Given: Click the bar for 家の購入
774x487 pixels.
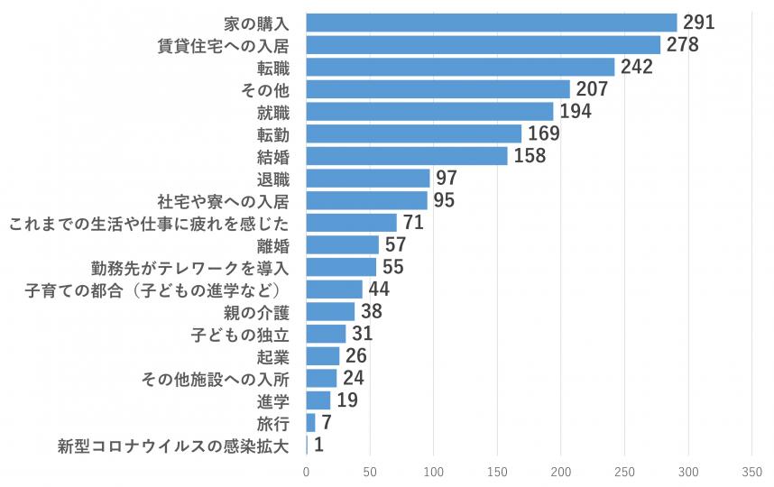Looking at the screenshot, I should click(492, 23).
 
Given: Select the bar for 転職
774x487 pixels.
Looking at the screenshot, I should click(460, 67).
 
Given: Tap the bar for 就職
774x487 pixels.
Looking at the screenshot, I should click(429, 111).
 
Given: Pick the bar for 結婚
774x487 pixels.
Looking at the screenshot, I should click(407, 156).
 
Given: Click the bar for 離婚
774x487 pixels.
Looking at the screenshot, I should click(343, 244).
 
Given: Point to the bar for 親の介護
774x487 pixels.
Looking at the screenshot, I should click(330, 311).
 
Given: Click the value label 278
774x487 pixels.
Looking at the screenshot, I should click(683, 45).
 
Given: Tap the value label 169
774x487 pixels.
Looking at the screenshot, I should click(543, 133).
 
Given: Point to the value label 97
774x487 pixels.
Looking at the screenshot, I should click(446, 178).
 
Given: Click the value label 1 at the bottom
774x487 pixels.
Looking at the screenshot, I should click(318, 445).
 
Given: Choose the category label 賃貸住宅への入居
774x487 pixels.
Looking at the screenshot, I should click(229, 45).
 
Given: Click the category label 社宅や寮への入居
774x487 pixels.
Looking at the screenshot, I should click(229, 200).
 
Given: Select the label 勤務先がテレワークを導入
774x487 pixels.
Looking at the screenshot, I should click(189, 267).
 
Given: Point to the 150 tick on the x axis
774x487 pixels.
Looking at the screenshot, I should click(498, 472).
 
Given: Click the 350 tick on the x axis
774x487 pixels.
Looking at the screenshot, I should click(752, 472).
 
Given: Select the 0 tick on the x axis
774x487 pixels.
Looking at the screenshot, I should click(307, 472).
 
